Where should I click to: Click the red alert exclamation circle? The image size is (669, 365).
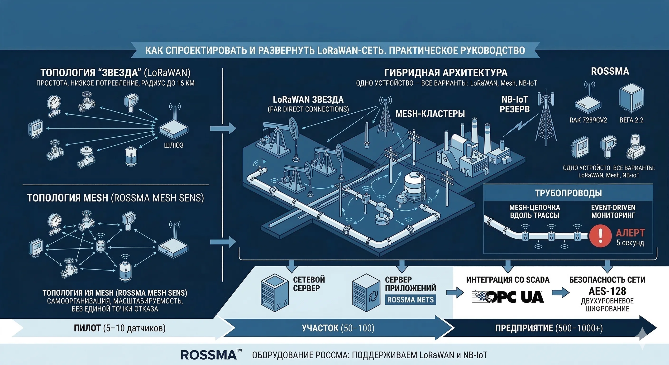tap(600, 236)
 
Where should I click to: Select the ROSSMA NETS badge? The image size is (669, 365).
tap(410, 300)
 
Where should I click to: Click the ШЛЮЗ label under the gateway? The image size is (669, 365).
tap(173, 145)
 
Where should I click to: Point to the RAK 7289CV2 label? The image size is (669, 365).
tap(588, 120)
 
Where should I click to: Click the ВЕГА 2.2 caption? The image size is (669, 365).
tap(631, 120)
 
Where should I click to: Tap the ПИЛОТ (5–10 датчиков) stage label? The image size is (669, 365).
tap(120, 328)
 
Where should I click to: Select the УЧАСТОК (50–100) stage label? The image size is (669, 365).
tap(338, 328)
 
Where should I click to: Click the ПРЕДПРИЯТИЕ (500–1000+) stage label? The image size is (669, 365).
tap(549, 328)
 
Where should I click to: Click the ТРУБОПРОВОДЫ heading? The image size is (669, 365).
tap(568, 193)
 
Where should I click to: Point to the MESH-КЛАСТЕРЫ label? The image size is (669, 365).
tap(430, 114)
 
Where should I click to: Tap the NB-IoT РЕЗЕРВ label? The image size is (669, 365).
tap(515, 104)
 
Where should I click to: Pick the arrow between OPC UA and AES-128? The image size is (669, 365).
tap(560, 293)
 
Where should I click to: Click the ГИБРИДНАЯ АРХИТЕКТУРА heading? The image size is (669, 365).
tap(446, 72)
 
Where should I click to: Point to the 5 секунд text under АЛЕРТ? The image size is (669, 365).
tap(630, 243)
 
